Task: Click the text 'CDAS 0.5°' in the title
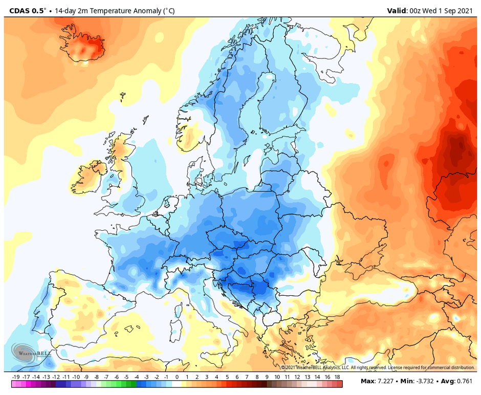click(24, 10)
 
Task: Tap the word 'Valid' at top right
click(397, 10)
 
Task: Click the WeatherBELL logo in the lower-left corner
click(25, 352)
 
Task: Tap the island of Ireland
click(87, 177)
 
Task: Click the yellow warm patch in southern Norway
click(190, 137)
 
